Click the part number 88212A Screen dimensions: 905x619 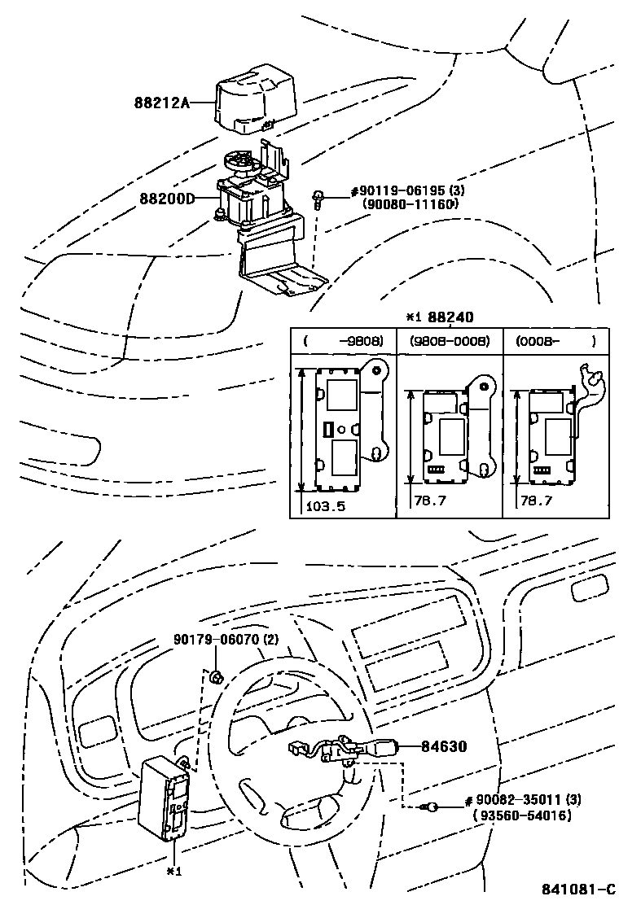[x=162, y=103]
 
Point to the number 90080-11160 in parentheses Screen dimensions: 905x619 [x=410, y=204]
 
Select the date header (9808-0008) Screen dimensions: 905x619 [x=449, y=342]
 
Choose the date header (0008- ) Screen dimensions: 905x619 [x=554, y=342]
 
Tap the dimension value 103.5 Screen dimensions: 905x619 [x=327, y=505]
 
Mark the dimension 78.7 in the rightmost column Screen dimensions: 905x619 [x=537, y=500]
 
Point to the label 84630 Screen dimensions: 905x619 [x=444, y=745]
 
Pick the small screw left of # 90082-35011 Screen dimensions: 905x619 [x=432, y=807]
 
